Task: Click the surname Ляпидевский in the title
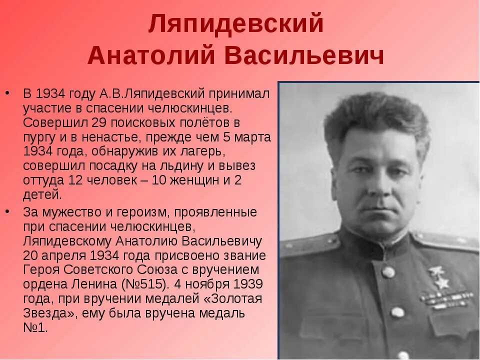point(236,25)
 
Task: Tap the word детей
point(42,194)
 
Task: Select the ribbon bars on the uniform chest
point(446,299)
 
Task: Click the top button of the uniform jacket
point(388,272)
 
